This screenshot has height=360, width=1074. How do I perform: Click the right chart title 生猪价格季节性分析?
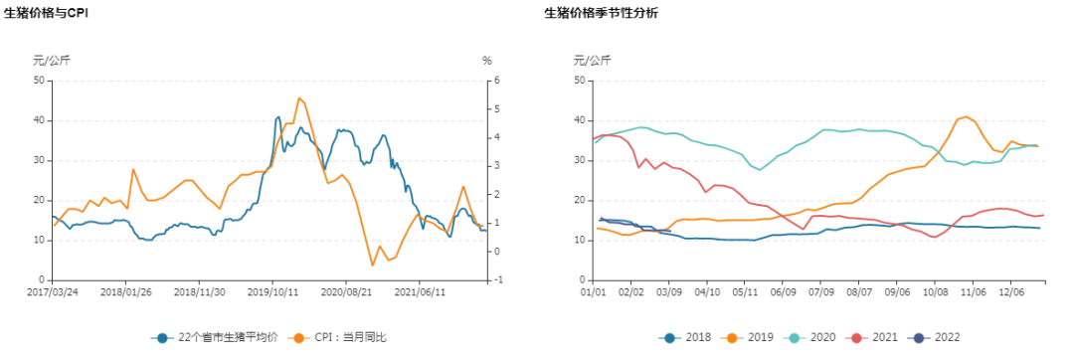point(601,13)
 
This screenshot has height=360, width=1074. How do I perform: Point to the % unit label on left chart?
point(487,61)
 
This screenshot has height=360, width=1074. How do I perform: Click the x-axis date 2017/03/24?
point(53,293)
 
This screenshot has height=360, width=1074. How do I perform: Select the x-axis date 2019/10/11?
point(272,293)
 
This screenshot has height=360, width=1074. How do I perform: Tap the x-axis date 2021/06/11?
point(419,293)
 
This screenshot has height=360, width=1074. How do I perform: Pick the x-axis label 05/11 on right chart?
point(746,293)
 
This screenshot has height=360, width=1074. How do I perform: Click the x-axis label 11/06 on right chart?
point(975,293)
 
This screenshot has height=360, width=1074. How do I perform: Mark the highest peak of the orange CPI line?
point(299,97)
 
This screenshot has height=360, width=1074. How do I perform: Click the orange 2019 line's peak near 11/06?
point(966,116)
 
